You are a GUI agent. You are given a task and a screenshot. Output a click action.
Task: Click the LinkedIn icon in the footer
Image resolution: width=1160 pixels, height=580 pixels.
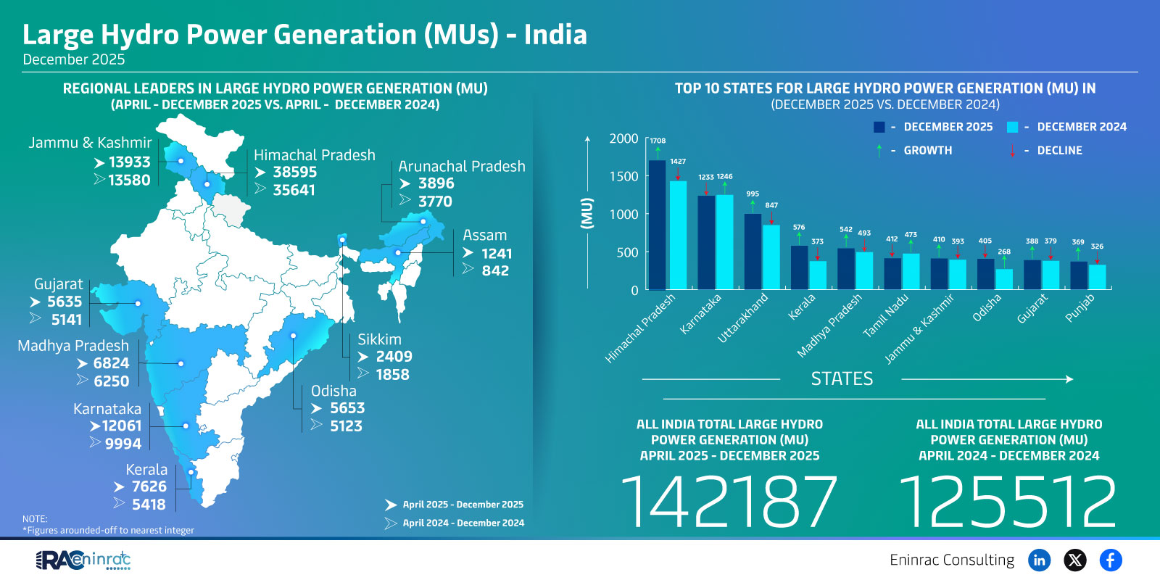coord(1039,560)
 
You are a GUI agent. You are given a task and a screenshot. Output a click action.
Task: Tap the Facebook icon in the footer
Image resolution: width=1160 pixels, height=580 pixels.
coord(1110,560)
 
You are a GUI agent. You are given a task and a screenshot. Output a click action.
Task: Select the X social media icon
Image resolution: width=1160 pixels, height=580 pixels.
coord(1074,560)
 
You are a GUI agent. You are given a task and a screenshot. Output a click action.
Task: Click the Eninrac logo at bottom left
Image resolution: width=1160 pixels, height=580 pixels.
coord(83,560)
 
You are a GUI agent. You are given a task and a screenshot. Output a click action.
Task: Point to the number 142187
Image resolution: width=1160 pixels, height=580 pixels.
coord(729,502)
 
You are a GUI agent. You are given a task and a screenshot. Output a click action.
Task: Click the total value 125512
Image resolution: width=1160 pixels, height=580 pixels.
coord(1008,502)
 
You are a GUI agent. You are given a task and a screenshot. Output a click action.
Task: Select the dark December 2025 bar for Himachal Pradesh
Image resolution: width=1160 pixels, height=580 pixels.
coord(657,225)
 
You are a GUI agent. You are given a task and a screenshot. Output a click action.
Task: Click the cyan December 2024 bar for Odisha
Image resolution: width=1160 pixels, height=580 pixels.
coord(1004,279)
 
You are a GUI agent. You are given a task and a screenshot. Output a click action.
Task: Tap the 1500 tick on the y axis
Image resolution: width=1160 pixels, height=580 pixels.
coord(623,176)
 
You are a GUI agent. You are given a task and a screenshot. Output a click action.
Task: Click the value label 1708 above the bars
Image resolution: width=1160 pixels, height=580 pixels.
coord(658,141)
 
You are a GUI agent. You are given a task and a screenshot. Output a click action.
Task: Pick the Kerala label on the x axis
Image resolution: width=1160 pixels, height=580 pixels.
coord(802,307)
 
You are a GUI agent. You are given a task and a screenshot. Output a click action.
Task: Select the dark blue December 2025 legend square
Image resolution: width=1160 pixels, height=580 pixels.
coord(879,127)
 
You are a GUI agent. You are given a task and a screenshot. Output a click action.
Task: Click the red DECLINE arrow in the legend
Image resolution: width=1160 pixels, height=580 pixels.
coord(1013,151)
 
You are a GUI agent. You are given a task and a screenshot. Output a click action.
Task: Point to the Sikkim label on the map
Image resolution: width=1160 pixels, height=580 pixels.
coord(379,339)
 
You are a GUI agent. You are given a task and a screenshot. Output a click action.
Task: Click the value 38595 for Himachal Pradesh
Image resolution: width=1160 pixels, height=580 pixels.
coord(294,173)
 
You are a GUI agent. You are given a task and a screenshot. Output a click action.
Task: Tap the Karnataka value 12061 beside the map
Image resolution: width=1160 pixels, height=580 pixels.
coord(121,426)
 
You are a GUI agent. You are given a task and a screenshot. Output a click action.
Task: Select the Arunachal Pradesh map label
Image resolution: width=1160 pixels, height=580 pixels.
coord(462,166)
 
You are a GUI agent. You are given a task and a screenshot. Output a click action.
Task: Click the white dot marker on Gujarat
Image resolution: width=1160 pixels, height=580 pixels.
coord(138,303)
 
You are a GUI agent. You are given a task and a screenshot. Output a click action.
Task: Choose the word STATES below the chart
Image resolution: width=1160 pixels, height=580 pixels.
coord(842,378)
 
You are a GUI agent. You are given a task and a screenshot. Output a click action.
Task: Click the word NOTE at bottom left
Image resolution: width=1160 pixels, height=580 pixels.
coord(35,519)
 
